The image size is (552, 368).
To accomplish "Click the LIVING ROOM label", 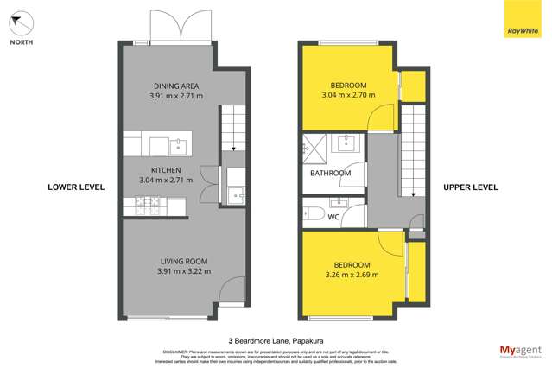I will point(180,261).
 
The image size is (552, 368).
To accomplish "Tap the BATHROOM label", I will point(330,173).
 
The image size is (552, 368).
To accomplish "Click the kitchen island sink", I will point(178,145).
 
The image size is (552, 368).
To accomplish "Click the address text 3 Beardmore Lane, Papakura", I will point(276,340).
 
